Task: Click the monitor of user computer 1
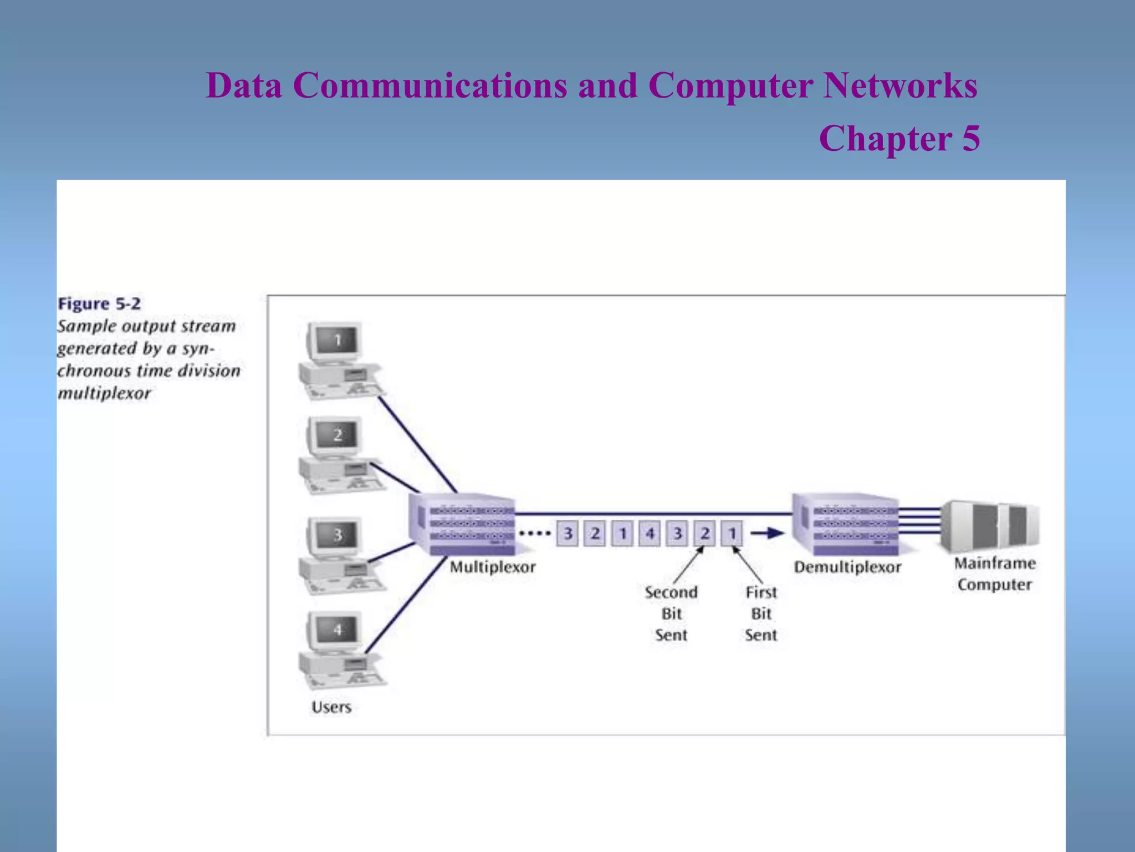tap(337, 341)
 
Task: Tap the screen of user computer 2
tap(337, 435)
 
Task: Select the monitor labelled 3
tap(337, 536)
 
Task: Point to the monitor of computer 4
tap(337, 630)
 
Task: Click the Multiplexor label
tap(492, 567)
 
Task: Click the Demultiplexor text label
tap(847, 567)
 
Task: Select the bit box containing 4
tap(650, 534)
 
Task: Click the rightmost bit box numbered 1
tap(732, 534)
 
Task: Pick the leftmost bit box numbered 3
tap(567, 534)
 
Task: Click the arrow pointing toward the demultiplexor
tap(767, 534)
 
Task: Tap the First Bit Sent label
tap(761, 613)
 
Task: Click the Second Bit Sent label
tap(671, 613)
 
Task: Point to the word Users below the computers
tap(331, 707)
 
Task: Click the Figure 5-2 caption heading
tap(99, 304)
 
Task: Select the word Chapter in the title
tap(885, 138)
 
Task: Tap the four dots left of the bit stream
tap(534, 534)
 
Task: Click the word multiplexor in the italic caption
tap(104, 393)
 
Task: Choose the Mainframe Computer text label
tap(994, 574)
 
